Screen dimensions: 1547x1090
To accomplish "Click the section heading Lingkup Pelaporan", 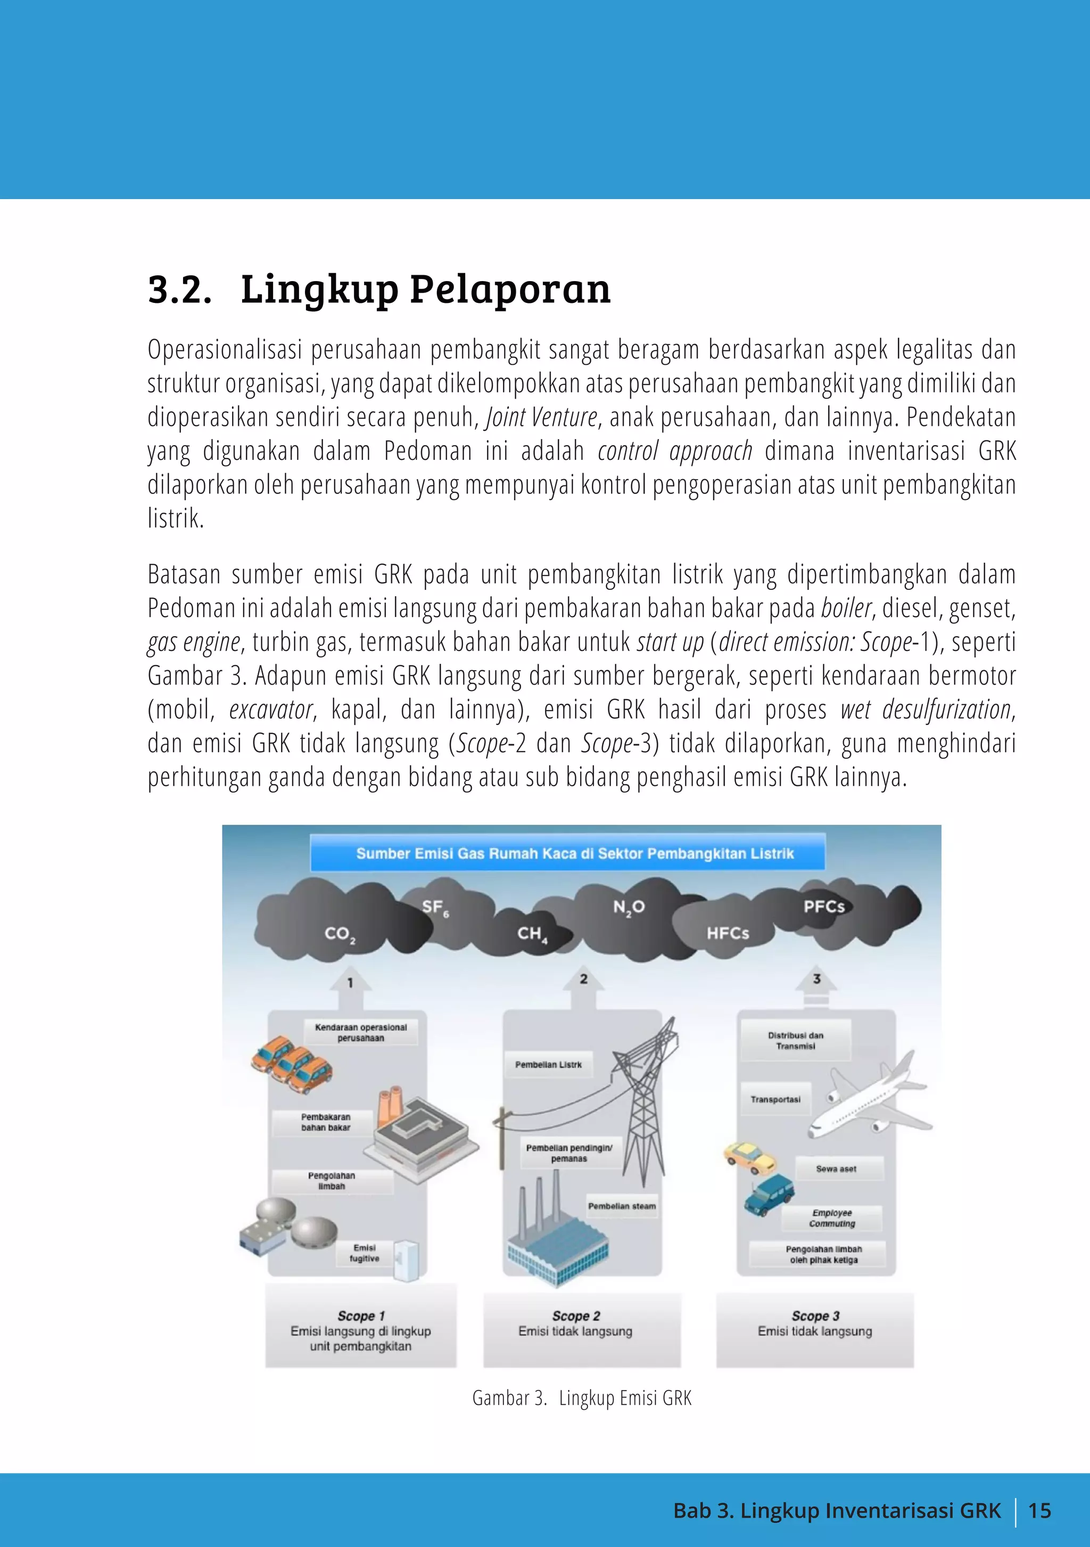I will click(426, 290).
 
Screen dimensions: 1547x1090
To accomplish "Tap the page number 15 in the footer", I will click(1039, 1511).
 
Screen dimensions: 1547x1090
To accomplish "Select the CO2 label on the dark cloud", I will click(340, 934).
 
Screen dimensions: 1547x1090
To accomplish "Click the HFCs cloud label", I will click(728, 933).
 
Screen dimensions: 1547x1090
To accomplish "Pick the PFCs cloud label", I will click(823, 907).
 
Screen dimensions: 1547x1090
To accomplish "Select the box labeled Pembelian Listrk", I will click(548, 1065).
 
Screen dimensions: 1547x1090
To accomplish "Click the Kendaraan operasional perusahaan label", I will click(361, 1032).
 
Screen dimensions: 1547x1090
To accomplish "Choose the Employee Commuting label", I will click(832, 1217).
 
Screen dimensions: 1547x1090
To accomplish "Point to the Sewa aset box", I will click(837, 1169).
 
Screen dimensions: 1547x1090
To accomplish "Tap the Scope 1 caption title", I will click(361, 1316).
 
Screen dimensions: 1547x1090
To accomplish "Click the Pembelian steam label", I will click(622, 1206).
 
